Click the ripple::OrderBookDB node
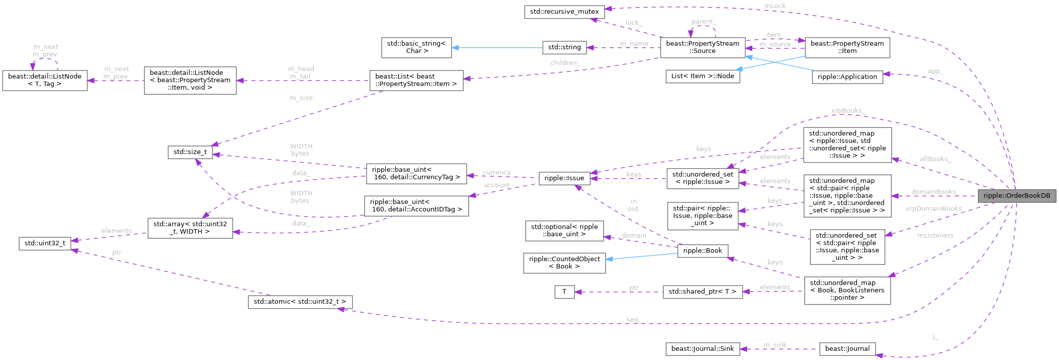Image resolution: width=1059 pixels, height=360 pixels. tap(1017, 196)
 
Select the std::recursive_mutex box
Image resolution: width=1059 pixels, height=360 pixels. tap(564, 12)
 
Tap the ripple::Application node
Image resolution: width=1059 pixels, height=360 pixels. tap(847, 77)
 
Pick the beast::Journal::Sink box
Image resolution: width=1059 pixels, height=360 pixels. tap(702, 348)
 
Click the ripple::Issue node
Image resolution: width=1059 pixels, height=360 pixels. tap(564, 178)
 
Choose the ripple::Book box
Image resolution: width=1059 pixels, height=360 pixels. tap(702, 250)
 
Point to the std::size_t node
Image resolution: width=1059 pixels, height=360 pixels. tap(190, 152)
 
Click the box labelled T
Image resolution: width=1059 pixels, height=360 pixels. tap(564, 292)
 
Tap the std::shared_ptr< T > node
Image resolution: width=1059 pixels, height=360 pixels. tap(702, 291)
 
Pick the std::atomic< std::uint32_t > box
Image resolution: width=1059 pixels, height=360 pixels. tap(300, 302)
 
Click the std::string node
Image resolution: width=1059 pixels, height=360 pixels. tap(564, 47)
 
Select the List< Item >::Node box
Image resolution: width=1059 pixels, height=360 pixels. tap(702, 77)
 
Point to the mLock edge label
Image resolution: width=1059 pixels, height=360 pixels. tap(775, 6)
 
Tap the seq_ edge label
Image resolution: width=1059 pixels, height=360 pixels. tap(632, 319)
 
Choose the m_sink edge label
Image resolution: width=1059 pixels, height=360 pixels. tap(775, 344)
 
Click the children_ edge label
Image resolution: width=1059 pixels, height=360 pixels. tap(564, 63)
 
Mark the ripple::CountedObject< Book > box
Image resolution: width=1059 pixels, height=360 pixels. tap(564, 262)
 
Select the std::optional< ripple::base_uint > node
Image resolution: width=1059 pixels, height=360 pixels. tap(564, 230)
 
